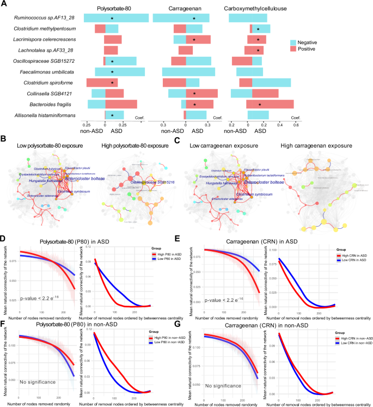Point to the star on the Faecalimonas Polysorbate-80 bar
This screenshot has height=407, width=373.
112,72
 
